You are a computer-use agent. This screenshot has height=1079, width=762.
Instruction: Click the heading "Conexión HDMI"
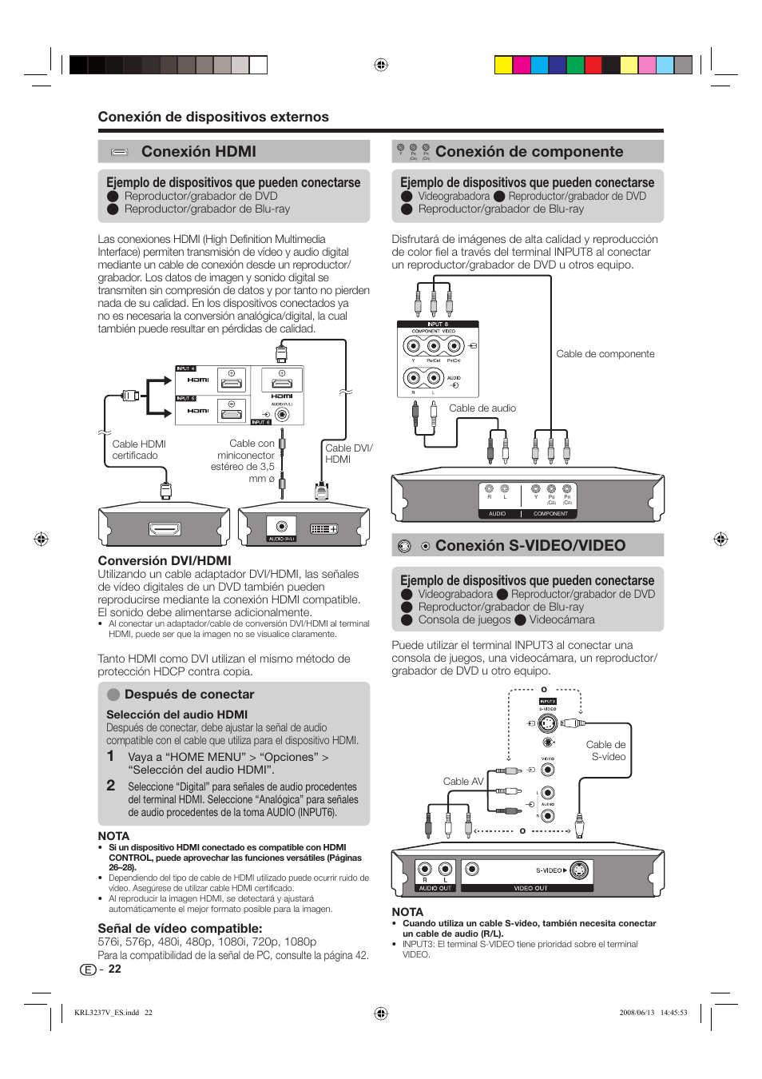point(198,152)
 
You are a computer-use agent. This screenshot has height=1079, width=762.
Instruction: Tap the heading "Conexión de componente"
point(529,152)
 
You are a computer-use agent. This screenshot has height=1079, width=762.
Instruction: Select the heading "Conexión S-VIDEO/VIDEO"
point(530,546)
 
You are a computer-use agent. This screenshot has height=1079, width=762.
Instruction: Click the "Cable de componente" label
point(605,354)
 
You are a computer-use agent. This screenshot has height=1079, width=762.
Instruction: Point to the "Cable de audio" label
point(482,408)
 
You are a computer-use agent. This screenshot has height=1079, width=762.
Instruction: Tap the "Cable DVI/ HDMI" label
point(348,453)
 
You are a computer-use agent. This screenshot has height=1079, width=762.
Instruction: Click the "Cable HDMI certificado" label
point(138,450)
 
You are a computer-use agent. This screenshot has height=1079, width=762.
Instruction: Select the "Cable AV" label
point(463,782)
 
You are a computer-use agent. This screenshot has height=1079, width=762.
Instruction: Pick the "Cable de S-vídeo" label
point(606,751)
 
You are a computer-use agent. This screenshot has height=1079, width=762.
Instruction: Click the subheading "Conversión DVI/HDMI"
point(165,561)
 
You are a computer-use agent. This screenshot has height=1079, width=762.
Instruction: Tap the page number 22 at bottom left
point(115,969)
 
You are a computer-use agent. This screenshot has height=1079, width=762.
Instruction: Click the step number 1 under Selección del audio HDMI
point(111,756)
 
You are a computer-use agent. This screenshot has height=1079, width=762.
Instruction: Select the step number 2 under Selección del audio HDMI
point(111,786)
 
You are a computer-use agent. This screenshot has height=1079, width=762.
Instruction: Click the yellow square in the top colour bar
point(503,66)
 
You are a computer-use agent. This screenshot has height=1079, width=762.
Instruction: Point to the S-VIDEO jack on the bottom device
point(579,870)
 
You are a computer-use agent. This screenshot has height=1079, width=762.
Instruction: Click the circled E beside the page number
point(88,970)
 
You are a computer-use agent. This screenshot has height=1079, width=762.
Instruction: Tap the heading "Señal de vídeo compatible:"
point(180,929)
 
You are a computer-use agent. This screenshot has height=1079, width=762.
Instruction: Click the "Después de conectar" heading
point(189,695)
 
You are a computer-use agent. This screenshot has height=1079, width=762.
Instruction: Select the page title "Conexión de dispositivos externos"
point(213,117)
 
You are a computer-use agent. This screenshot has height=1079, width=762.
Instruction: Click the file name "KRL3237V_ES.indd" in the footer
point(106,1013)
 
